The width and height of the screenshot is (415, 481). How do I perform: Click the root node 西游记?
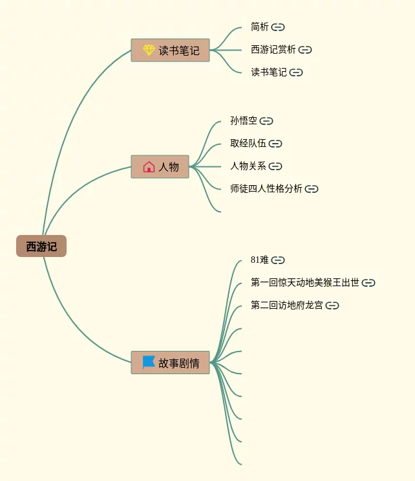(x=41, y=247)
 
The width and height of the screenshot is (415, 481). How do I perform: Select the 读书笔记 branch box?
(x=171, y=50)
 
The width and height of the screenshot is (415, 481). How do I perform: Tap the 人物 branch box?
(x=160, y=167)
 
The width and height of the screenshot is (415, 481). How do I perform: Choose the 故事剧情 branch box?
(x=171, y=363)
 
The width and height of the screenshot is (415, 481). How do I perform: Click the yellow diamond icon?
(x=149, y=50)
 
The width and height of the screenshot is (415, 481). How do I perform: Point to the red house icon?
(x=149, y=167)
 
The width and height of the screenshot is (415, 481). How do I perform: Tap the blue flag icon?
(x=149, y=363)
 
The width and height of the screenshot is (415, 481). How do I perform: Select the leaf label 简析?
(x=260, y=27)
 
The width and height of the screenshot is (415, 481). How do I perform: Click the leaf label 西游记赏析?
(x=273, y=50)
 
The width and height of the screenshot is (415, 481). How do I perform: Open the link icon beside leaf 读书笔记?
(x=296, y=73)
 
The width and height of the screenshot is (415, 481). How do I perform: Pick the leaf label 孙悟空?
(x=244, y=121)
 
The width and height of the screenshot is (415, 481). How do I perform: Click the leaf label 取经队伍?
(x=248, y=144)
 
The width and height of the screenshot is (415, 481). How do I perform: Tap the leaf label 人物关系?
(x=248, y=166)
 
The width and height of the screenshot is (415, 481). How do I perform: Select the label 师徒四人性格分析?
(x=266, y=189)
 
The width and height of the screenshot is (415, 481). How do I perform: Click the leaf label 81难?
(x=260, y=260)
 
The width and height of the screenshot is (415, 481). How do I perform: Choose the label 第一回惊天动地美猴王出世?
(x=305, y=283)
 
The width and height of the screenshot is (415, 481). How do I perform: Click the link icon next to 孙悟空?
(x=266, y=121)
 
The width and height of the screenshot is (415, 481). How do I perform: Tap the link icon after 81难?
(x=278, y=260)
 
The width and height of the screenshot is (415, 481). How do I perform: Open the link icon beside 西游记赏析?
(x=305, y=50)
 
